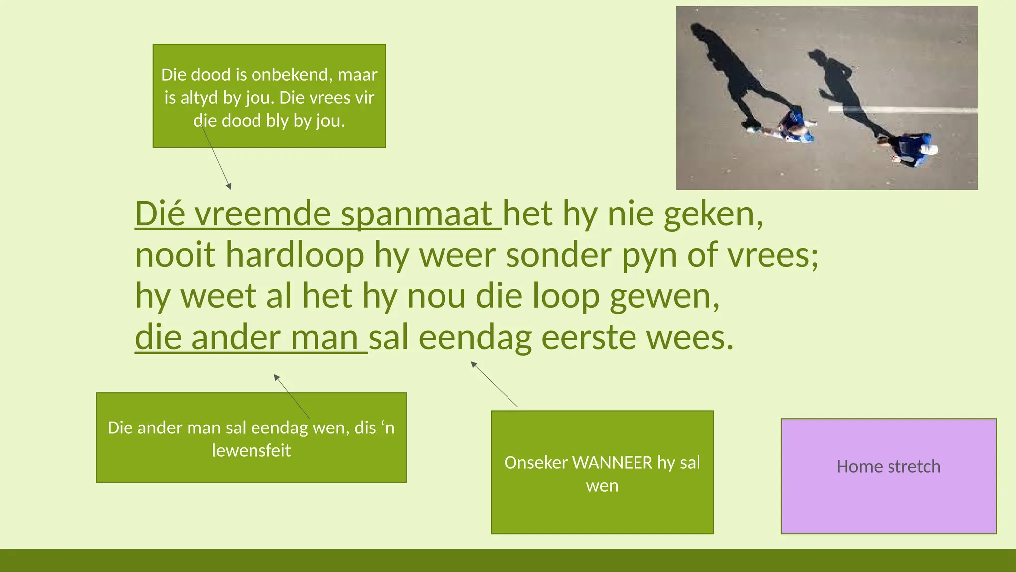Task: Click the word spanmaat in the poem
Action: tap(417, 214)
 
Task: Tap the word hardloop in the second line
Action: tap(295, 255)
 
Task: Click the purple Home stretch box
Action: tap(888, 476)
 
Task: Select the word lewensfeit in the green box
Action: tap(251, 450)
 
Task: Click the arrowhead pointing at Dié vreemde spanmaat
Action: tap(229, 187)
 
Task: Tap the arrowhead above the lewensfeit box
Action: tap(276, 377)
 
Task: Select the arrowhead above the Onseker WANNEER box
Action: tap(473, 364)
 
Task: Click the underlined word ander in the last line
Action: tap(236, 338)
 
